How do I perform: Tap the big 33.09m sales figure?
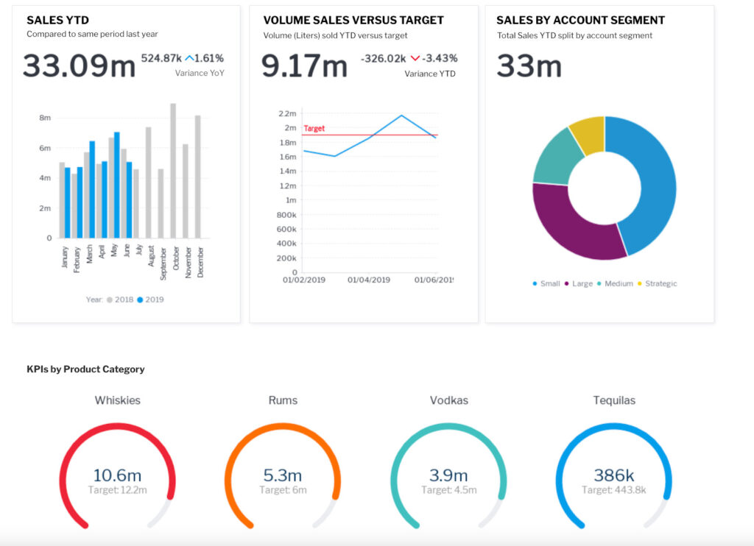pos(79,65)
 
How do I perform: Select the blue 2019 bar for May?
pos(117,185)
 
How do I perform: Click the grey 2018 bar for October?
pos(173,171)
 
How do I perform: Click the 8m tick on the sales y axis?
pos(45,118)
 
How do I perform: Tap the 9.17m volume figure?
pos(304,65)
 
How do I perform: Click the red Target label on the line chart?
pos(314,128)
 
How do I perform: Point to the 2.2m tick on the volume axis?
pos(287,114)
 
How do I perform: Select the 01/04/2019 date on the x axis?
pos(369,280)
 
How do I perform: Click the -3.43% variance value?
pos(440,58)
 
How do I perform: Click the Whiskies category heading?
pos(118,400)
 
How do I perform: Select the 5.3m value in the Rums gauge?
pos(283,475)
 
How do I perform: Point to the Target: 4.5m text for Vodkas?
pos(448,490)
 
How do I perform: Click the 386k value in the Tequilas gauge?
pos(614,475)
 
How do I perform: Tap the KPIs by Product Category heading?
pos(85,369)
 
